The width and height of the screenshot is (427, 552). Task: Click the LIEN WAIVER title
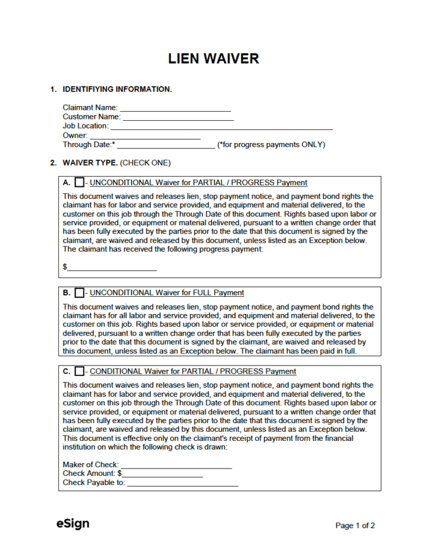click(213, 59)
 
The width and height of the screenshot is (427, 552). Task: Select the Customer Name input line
click(178, 117)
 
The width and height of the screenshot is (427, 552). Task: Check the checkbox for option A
click(79, 183)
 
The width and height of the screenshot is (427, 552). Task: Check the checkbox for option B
click(79, 293)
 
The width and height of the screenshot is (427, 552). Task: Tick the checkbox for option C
click(79, 372)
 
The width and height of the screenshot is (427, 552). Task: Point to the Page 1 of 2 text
click(355, 526)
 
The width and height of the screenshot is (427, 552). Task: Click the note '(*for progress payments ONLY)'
click(271, 145)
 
